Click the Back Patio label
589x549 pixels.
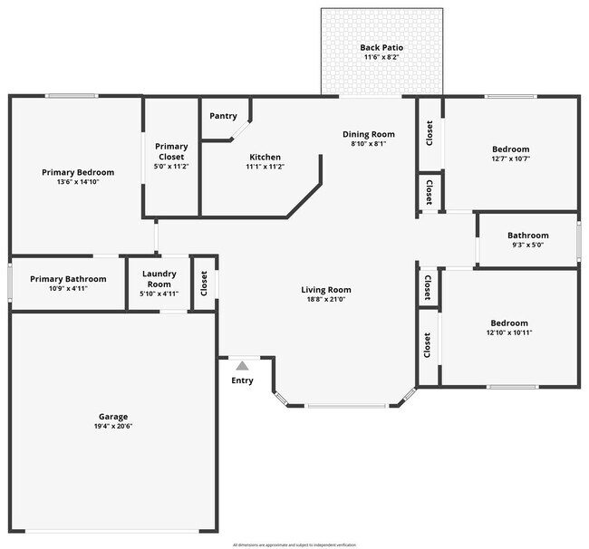click(x=381, y=47)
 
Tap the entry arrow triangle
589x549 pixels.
click(x=242, y=365)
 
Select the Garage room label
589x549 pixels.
click(x=113, y=416)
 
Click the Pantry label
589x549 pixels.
click(x=223, y=116)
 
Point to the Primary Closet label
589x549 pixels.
click(x=171, y=151)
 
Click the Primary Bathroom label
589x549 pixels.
click(x=68, y=279)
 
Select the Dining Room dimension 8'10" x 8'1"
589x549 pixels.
click(x=369, y=143)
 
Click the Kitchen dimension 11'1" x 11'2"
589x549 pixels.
click(x=266, y=167)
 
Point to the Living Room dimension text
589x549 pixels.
click(x=326, y=299)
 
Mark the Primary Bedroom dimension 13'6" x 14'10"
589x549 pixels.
click(x=78, y=182)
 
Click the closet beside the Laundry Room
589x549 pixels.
click(x=205, y=284)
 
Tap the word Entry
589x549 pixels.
click(x=242, y=380)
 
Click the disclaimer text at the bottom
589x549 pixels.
click(x=294, y=544)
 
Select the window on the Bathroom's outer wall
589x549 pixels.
click(x=578, y=239)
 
